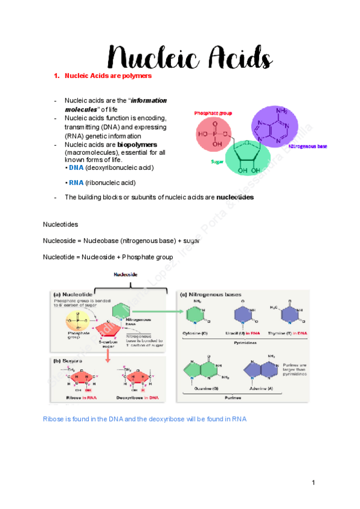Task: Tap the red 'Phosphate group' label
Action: (212, 113)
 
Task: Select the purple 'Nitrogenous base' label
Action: (308, 146)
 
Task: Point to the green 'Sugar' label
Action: (217, 161)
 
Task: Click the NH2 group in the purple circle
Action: (281, 111)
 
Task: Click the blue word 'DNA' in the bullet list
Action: (76, 167)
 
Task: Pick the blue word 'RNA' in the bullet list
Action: (76, 182)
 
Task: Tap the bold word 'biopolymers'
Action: (137, 145)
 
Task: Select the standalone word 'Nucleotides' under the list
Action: (61, 223)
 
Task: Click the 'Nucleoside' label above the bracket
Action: (127, 274)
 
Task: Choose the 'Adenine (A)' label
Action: (259, 388)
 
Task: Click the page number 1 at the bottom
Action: (313, 483)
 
